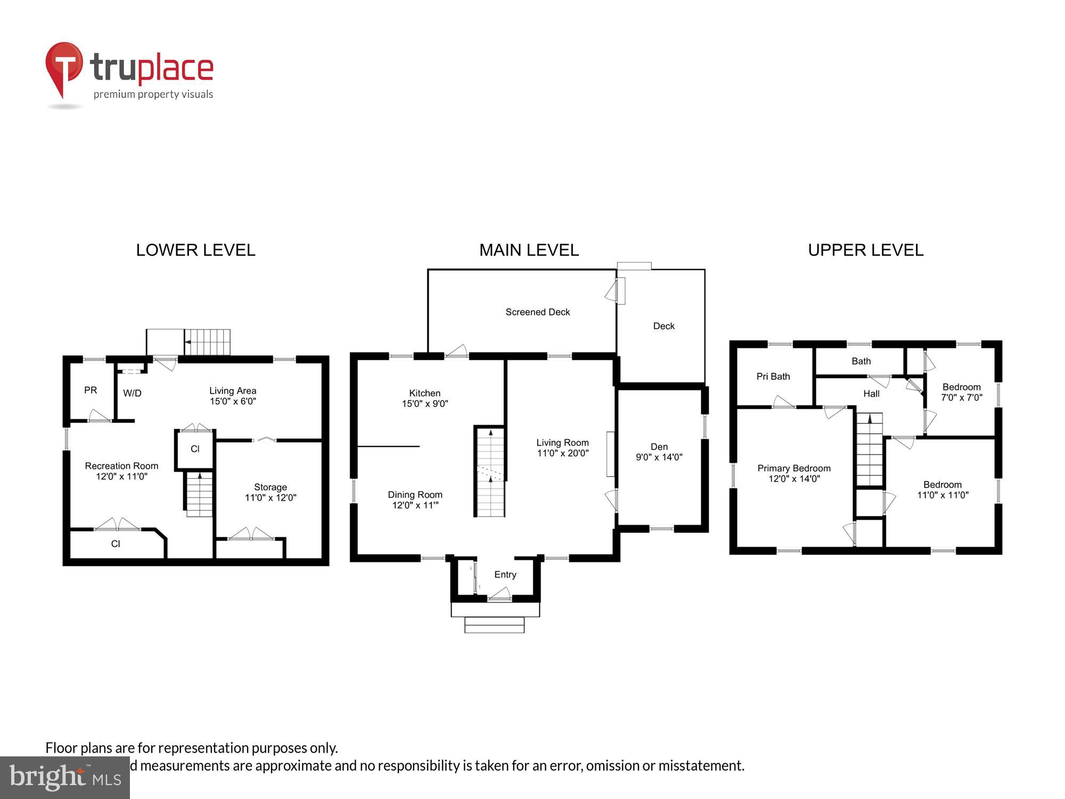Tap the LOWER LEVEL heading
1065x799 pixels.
195,250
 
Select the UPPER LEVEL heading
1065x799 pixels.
865,250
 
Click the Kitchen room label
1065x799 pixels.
424,393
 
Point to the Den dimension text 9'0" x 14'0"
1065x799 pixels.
659,457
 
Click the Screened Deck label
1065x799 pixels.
537,312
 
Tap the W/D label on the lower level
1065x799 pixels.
132,393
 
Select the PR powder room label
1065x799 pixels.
91,390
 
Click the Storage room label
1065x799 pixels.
270,487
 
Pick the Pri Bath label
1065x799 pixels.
773,377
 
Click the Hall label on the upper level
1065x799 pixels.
871,394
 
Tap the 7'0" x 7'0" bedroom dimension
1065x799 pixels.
961,397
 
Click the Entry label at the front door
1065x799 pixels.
505,574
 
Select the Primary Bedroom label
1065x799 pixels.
793,468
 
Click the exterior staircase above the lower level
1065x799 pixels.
208,342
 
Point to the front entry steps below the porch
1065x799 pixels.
494,624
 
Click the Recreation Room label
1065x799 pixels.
121,466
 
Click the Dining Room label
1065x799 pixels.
415,494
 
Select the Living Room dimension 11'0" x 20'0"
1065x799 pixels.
562,453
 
